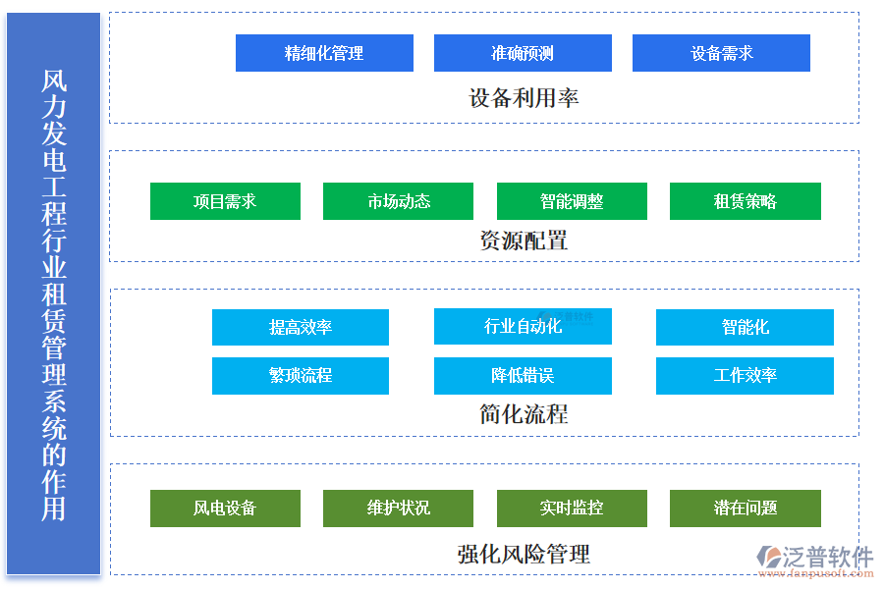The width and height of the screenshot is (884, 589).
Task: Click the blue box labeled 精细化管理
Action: [x=324, y=53]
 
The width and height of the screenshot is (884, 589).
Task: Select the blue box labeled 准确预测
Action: [x=523, y=53]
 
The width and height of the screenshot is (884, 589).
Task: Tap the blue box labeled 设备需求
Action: [x=721, y=53]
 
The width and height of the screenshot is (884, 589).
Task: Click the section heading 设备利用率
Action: [x=524, y=98]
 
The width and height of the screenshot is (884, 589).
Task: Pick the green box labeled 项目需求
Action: [x=225, y=201]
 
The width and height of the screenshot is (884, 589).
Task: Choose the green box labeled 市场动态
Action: [x=398, y=201]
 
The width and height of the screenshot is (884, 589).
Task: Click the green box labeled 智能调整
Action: [x=572, y=201]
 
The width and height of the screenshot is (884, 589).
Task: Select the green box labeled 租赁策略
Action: [x=745, y=201]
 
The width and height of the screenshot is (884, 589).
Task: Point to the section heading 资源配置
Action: [x=524, y=241]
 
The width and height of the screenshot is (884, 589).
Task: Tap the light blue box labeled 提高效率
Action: [x=301, y=327]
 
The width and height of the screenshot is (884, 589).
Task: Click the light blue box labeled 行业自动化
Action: [x=523, y=326]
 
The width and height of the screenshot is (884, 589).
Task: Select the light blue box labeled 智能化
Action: [x=745, y=327]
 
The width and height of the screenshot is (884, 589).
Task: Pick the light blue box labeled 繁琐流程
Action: [x=301, y=375]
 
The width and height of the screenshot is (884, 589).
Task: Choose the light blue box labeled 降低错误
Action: [x=523, y=375]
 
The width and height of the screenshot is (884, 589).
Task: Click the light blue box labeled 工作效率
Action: [x=745, y=375]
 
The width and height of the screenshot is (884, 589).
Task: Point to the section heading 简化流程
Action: [x=524, y=414]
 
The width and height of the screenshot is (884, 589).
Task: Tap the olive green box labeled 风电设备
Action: [x=225, y=508]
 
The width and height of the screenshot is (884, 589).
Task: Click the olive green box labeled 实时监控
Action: [x=572, y=508]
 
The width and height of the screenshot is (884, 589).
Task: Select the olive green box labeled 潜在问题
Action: [x=745, y=508]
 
